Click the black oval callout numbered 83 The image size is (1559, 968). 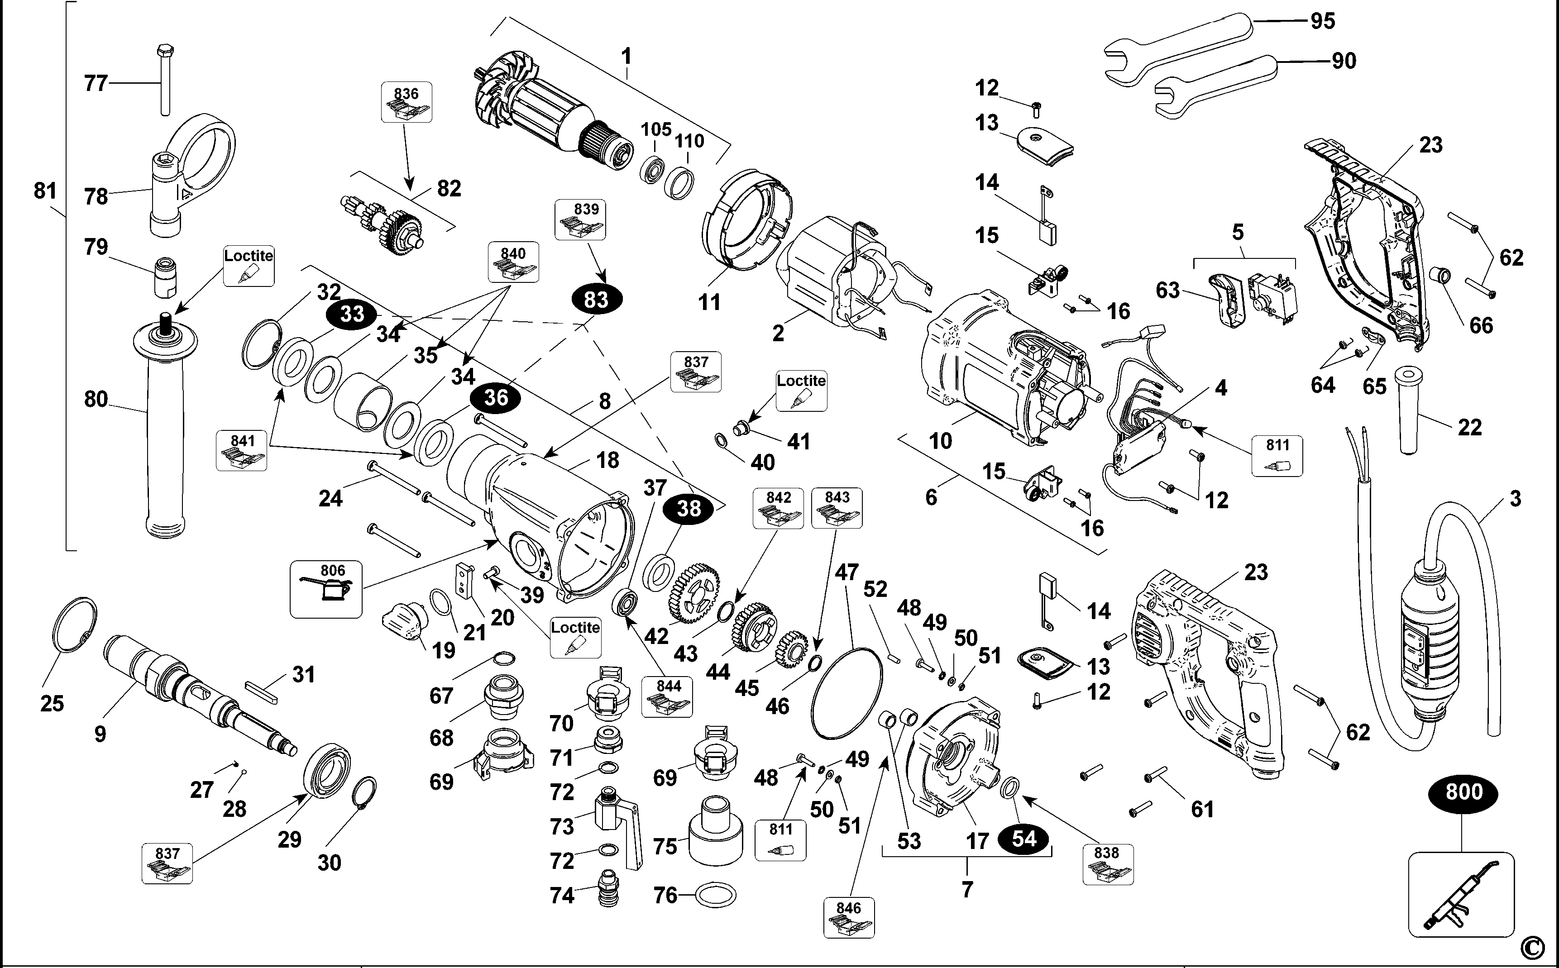596,299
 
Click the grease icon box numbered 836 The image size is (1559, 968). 406,102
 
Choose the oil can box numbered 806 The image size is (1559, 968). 326,589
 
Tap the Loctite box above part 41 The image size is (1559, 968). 801,391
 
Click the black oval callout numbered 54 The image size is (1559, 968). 1024,839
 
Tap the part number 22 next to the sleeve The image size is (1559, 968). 1469,427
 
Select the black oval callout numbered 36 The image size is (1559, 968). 496,398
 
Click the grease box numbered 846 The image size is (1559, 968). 849,917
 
